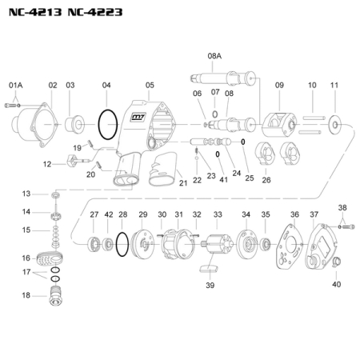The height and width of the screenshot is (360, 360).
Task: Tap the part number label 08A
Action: pyautogui.click(x=214, y=57)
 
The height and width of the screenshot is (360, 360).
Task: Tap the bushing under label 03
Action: pyautogui.click(x=76, y=124)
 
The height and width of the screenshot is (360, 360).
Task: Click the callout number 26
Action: pyautogui.click(x=266, y=180)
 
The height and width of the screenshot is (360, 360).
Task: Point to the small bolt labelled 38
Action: pyautogui.click(x=344, y=227)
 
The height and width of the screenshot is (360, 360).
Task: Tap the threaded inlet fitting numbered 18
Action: pyautogui.click(x=54, y=298)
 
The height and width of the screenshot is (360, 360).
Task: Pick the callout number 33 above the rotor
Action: pyautogui.click(x=218, y=214)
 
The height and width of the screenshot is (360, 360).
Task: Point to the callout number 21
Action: pyautogui.click(x=183, y=183)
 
